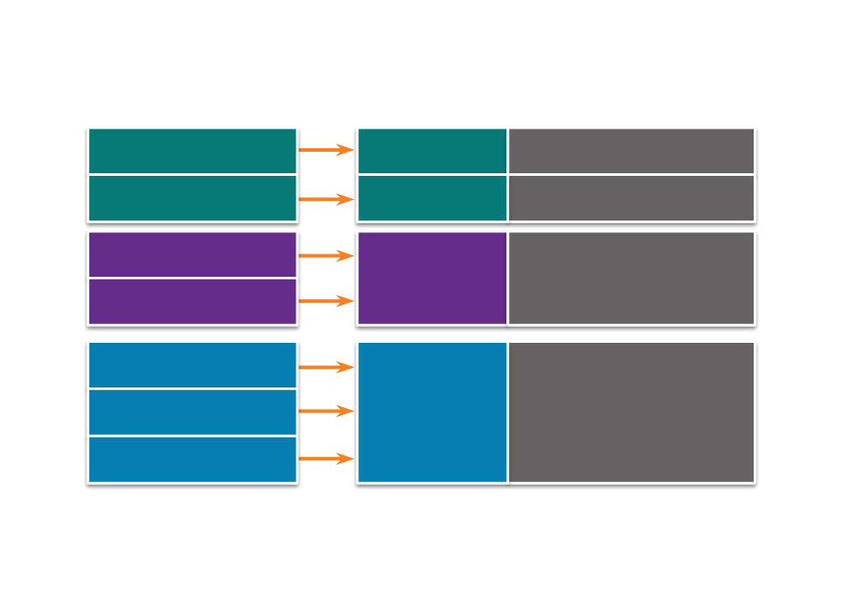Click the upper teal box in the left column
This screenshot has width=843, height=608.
(x=192, y=151)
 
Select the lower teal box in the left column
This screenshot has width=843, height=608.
(x=192, y=198)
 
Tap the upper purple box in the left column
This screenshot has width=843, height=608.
(x=192, y=254)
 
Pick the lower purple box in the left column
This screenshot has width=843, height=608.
(x=192, y=302)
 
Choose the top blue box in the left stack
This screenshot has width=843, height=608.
(x=192, y=365)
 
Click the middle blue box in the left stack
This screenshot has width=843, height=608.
(x=192, y=412)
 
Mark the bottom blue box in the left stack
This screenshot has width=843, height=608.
(x=192, y=460)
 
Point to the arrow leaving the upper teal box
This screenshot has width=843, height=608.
(x=326, y=150)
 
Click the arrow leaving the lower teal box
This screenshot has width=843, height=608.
(x=326, y=199)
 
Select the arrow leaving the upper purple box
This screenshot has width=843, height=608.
(x=326, y=256)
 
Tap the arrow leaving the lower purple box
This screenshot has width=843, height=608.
(x=326, y=302)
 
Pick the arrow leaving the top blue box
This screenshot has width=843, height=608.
(x=326, y=367)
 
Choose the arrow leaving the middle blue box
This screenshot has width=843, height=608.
(x=326, y=411)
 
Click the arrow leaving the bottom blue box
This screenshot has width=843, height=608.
(x=326, y=459)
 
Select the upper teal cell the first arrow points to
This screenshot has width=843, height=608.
(x=432, y=151)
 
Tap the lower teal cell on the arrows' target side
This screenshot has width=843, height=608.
(x=432, y=198)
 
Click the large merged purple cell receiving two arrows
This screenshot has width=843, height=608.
(x=432, y=278)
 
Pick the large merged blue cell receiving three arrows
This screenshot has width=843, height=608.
(x=432, y=412)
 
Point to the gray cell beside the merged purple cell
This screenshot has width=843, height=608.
(x=631, y=278)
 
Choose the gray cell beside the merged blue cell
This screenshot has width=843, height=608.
(x=631, y=412)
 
